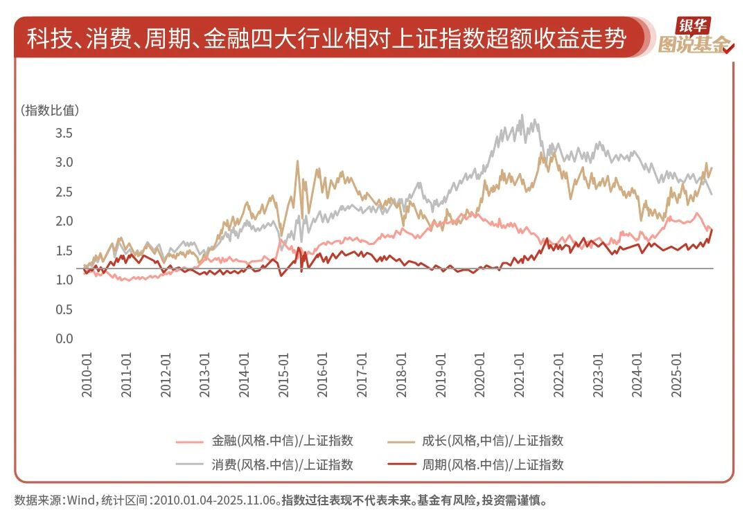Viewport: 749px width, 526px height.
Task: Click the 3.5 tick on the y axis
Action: click(x=64, y=132)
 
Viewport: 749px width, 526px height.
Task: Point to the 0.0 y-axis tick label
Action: click(x=64, y=338)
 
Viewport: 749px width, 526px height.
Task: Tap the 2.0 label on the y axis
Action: click(x=64, y=221)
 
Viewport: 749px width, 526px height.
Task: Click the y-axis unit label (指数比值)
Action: click(x=51, y=109)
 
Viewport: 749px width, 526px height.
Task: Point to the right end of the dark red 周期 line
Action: click(x=711, y=230)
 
